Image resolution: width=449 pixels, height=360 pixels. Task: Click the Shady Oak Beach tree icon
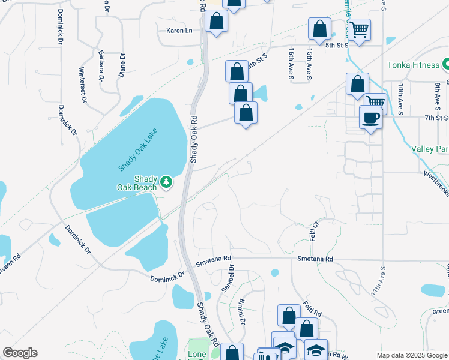[166, 181]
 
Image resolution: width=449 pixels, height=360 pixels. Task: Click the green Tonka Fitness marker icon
[445, 64]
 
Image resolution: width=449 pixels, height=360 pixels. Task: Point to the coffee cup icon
[370, 117]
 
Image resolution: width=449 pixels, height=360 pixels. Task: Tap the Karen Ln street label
[179, 31]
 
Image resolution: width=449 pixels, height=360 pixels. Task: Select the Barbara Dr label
[103, 66]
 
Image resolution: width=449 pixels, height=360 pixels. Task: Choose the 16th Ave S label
[290, 65]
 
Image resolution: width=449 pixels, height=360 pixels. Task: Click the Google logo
[20, 353]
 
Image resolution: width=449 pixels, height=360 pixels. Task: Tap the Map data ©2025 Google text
[411, 355]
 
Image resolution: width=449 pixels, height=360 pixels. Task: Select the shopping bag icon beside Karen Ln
[216, 22]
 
